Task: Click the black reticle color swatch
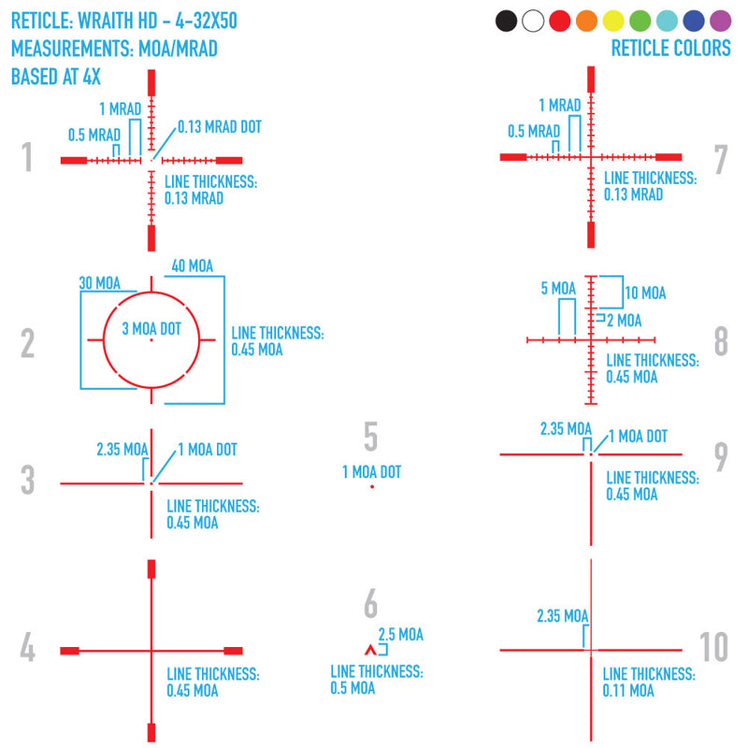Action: [506, 21]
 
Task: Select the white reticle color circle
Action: [533, 21]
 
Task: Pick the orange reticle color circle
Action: [587, 21]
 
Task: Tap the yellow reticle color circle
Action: [613, 21]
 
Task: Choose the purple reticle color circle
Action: [720, 21]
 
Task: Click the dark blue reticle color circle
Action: [694, 21]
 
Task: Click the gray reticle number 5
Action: [370, 436]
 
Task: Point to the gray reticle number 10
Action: [713, 647]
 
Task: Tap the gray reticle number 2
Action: [28, 343]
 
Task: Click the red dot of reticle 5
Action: [372, 486]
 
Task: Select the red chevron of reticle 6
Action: [370, 649]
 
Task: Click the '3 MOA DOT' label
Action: [151, 329]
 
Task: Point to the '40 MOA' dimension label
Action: [193, 266]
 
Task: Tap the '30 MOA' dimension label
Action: [100, 283]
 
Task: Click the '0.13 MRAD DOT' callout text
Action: [220, 127]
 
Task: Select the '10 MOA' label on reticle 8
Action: [645, 293]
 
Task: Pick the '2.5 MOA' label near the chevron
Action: [401, 635]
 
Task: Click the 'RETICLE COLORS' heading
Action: [671, 49]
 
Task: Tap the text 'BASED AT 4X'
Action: [56, 77]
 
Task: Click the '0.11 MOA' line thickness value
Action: [628, 690]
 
